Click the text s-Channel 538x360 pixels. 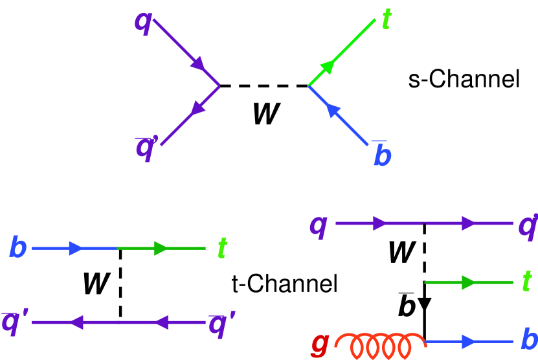464,80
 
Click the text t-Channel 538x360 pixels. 284,283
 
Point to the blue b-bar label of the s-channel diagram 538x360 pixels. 384,154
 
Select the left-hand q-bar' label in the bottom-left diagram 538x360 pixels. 17,321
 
